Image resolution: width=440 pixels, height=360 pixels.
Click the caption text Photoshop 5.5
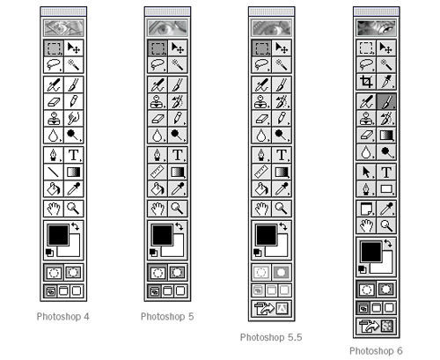click(x=270, y=336)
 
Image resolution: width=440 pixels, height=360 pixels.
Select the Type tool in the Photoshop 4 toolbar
click(x=71, y=158)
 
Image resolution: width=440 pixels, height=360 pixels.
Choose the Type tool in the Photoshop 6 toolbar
click(x=385, y=173)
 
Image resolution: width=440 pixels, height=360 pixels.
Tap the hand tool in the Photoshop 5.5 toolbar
click(x=262, y=209)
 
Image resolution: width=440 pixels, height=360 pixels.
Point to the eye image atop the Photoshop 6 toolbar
click(x=376, y=28)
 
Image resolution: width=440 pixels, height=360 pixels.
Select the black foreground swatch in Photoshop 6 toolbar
click(x=371, y=250)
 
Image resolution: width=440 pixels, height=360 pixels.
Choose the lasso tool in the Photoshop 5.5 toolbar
click(x=262, y=64)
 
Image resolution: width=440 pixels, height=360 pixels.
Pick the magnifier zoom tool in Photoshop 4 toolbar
click(x=71, y=209)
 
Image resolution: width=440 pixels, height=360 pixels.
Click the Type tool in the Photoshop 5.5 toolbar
click(x=280, y=158)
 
